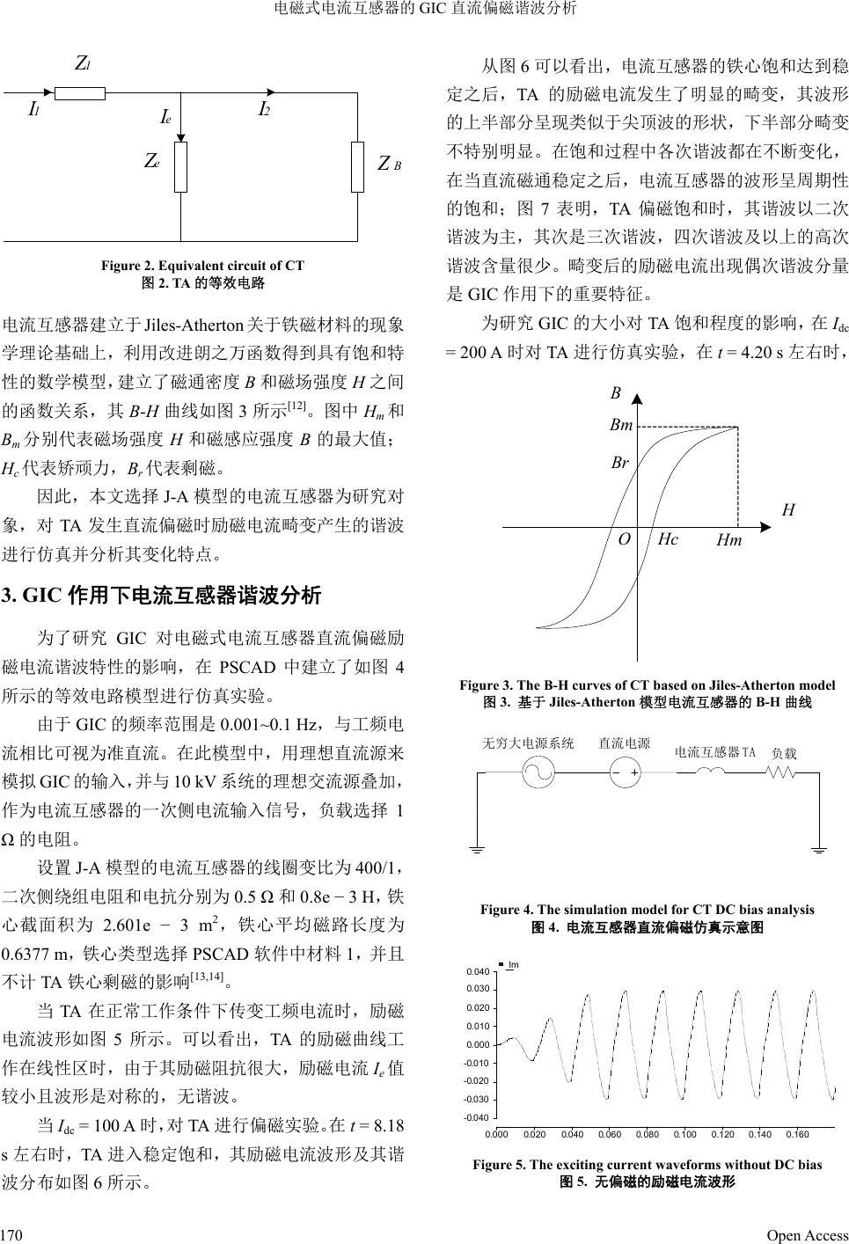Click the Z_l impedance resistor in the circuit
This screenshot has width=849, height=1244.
pos(80,92)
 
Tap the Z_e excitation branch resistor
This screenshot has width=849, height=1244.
pos(180,166)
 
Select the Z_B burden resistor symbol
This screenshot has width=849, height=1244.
pos(357,166)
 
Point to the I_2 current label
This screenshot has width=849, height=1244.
pos(264,110)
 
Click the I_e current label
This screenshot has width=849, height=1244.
pos(165,118)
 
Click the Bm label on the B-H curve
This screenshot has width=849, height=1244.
pos(621,426)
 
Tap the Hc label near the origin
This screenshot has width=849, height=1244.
pos(668,539)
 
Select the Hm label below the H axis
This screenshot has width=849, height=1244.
pos(728,541)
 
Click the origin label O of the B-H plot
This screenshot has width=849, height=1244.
pos(624,539)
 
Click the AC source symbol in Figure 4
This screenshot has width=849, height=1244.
pos(538,773)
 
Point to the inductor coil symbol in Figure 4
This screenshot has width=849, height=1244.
pos(711,773)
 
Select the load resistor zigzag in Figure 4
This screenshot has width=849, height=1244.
pos(780,773)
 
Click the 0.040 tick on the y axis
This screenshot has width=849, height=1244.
pos(477,972)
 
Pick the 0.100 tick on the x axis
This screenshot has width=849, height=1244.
pos(684,1135)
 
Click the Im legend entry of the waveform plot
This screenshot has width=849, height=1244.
pos(509,965)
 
